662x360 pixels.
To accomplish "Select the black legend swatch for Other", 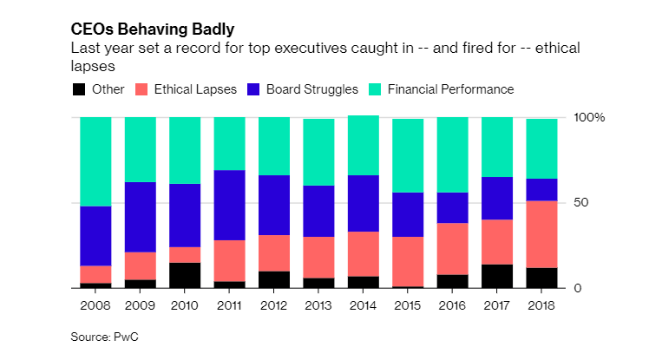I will tap(79, 89).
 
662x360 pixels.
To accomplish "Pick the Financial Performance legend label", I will tap(450, 89).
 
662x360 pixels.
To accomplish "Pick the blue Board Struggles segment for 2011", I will tap(229, 205).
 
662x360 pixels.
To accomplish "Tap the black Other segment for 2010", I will tap(185, 275).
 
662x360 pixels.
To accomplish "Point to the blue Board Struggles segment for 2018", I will tap(541, 189).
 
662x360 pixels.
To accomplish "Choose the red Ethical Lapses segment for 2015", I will tap(408, 261).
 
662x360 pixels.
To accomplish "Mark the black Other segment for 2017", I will tap(497, 276).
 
